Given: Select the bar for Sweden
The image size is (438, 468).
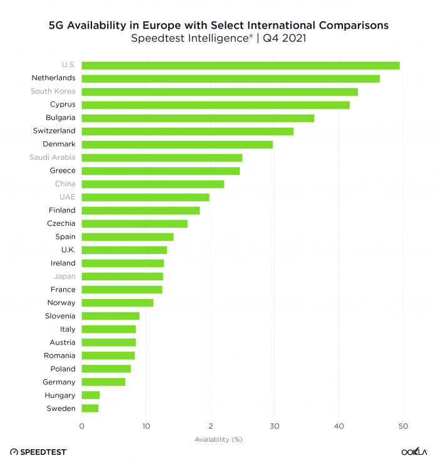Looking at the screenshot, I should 90,409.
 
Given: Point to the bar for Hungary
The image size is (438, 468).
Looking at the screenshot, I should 91,395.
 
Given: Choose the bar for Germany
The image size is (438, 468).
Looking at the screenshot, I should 103,382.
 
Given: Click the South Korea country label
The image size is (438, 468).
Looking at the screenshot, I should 53,91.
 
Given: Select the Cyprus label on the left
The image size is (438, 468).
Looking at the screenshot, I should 63,104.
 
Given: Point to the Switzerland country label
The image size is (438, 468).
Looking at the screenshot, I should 54,131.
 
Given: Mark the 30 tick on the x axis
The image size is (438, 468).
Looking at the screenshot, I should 274,427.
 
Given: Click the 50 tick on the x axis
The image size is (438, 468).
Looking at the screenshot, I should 402,427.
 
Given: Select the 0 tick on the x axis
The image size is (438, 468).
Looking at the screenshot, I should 82,427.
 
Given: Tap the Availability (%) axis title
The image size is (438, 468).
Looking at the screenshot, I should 218,439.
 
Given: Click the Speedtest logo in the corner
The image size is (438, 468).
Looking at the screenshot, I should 38,452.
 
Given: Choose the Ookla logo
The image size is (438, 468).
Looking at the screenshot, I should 414,452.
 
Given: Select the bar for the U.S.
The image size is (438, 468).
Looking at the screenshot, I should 240,65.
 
